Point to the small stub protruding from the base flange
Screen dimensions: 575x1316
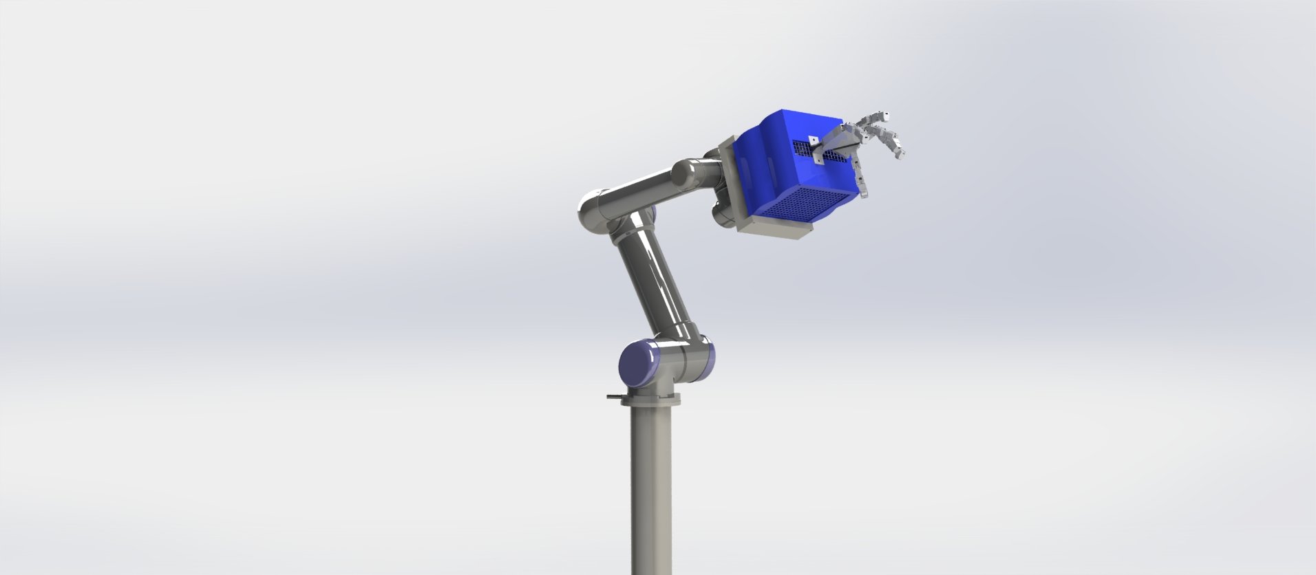pos(131,396)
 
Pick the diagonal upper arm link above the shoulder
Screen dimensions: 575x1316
pos(657,282)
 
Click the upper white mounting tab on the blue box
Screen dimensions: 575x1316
pos(811,137)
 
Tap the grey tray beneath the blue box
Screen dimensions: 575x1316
pos(778,231)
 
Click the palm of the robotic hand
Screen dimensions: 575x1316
pos(843,141)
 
